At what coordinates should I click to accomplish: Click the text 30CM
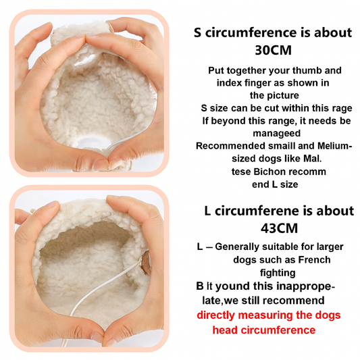point(274,50)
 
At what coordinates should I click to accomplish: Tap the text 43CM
point(279,228)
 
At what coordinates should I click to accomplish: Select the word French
point(314,259)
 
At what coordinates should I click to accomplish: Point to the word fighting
point(278,273)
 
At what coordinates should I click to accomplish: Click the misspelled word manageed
point(277,133)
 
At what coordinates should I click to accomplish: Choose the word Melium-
point(335,146)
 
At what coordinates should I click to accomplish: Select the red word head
point(226,330)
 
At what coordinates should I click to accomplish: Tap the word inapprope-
point(305,287)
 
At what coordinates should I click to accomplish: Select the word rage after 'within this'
point(342,109)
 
